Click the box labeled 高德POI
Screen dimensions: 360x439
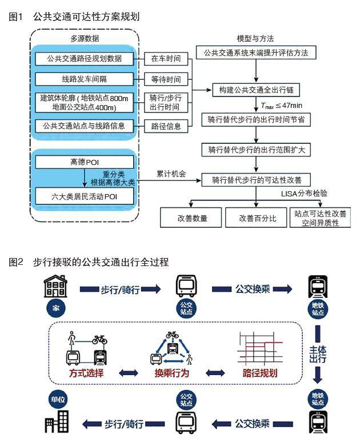point(85,162)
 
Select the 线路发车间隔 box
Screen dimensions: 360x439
point(85,78)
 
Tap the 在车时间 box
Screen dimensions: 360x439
point(166,59)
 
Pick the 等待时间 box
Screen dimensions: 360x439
point(166,78)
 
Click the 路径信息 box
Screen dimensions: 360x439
point(166,125)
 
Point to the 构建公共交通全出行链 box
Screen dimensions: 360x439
point(256,90)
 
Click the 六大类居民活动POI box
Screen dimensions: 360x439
point(85,197)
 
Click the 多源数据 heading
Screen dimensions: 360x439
point(84,39)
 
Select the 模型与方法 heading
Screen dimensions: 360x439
point(255,39)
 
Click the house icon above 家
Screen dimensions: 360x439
point(55,287)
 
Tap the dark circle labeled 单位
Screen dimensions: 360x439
point(55,399)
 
